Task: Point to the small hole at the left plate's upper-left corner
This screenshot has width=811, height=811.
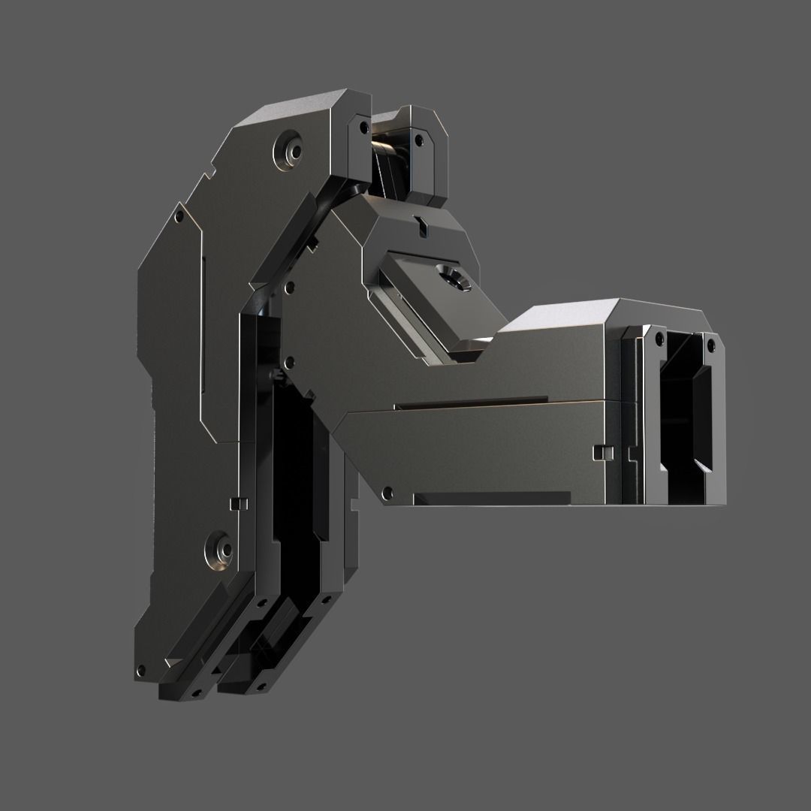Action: point(178,217)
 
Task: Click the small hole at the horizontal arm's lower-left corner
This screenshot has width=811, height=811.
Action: point(387,493)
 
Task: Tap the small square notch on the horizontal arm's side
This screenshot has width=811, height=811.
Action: point(601,452)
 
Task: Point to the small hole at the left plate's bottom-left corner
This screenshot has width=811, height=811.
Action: point(139,671)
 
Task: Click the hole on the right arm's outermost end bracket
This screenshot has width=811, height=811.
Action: point(709,344)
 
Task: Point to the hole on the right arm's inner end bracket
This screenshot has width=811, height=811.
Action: point(659,339)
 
